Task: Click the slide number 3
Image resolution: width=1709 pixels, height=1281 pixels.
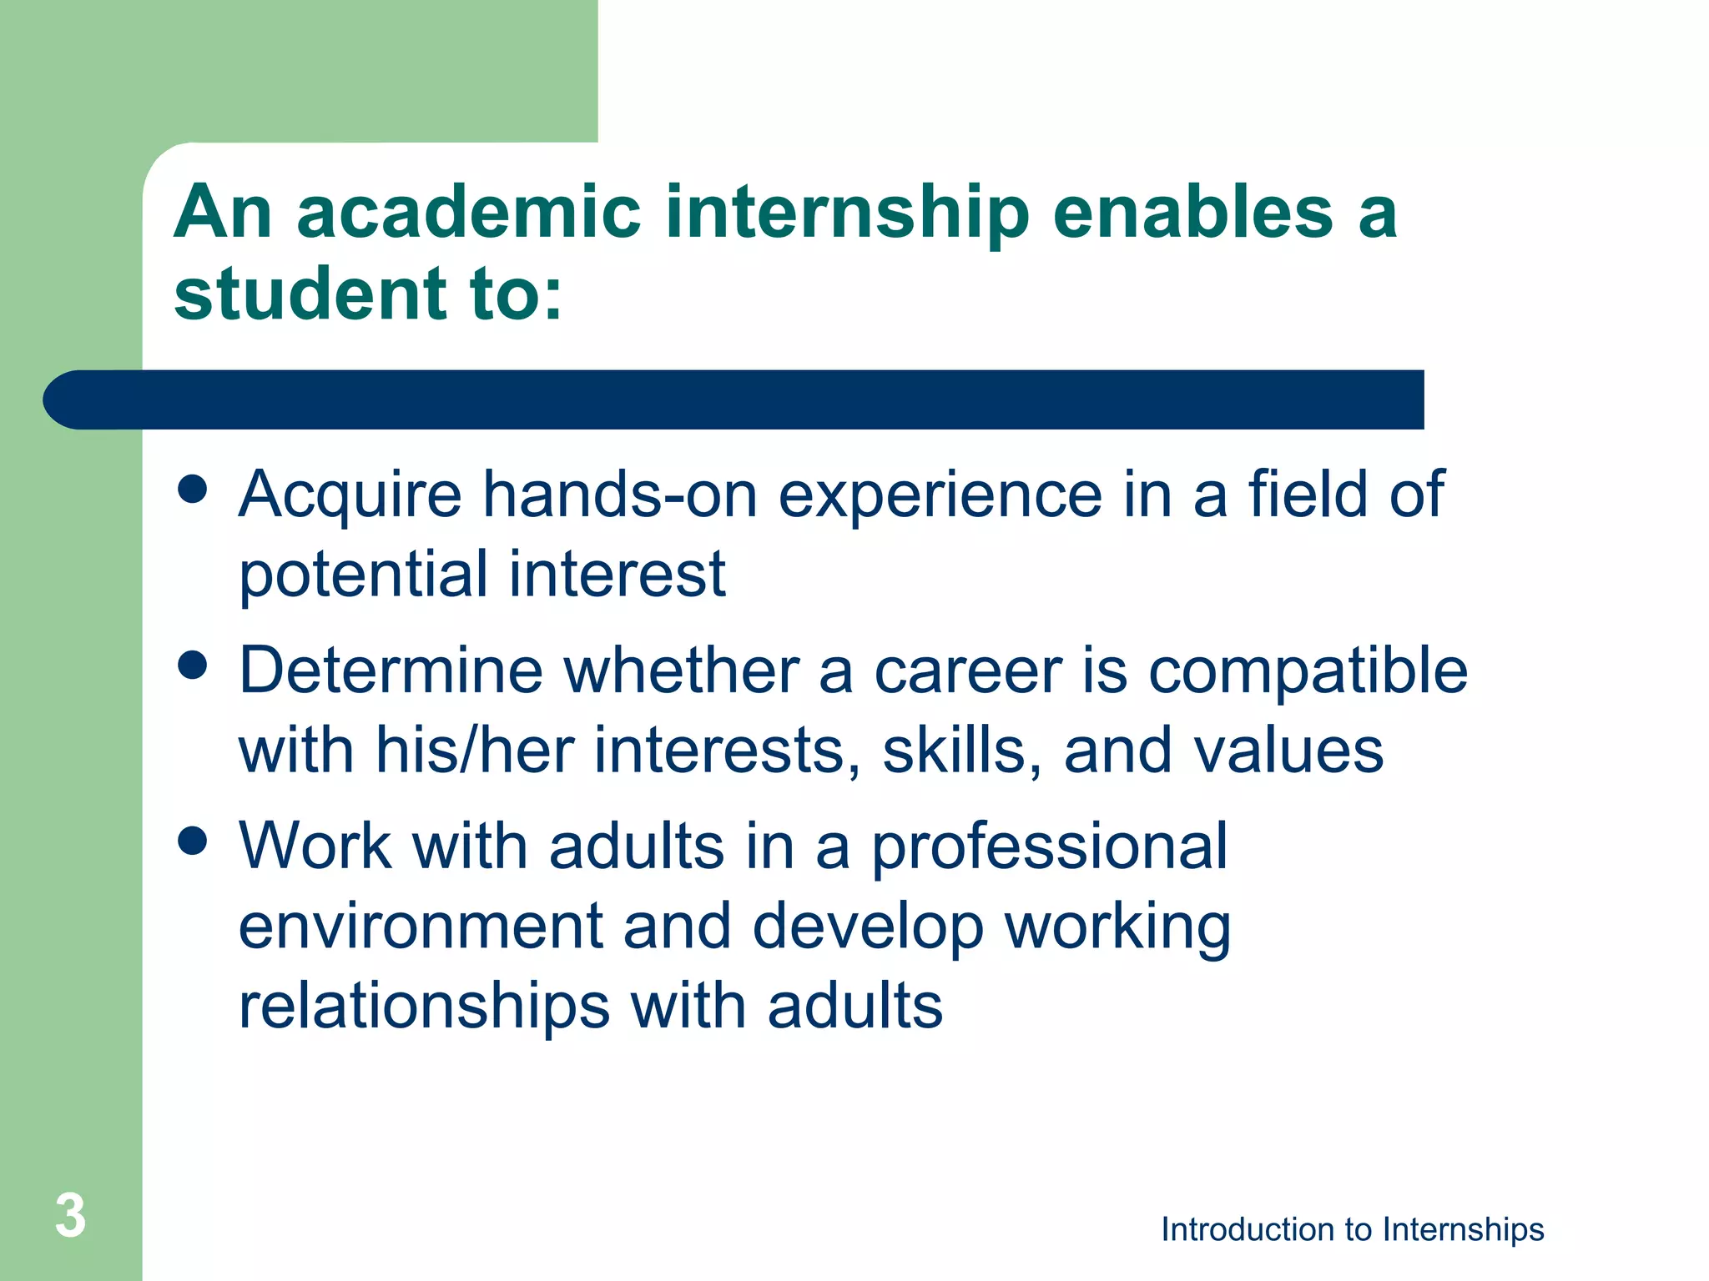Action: click(71, 1216)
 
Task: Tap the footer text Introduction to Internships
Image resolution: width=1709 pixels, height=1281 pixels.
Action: click(1352, 1229)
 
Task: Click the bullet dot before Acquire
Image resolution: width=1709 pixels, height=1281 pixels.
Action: click(193, 490)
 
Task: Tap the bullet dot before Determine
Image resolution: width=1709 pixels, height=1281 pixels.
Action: click(193, 666)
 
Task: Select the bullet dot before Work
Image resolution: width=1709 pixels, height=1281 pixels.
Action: click(193, 841)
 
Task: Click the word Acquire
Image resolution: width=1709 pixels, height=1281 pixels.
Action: click(350, 495)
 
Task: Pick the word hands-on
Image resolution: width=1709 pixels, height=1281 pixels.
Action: click(621, 494)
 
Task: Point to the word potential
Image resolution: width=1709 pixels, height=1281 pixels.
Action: click(363, 575)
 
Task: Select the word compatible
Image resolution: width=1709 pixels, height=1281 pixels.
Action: click(1308, 671)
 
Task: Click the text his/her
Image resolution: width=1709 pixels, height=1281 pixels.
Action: click(474, 750)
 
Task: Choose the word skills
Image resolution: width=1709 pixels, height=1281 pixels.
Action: click(961, 750)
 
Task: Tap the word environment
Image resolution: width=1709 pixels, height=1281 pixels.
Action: click(421, 927)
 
